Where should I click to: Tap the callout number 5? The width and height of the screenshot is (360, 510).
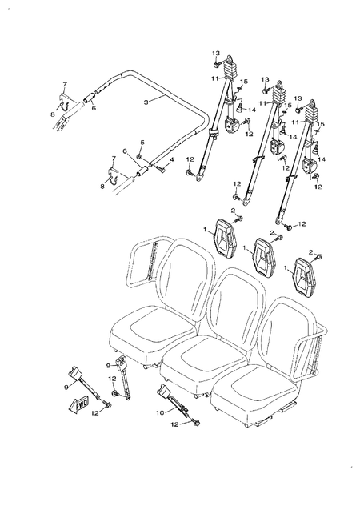pyautogui.click(x=142, y=143)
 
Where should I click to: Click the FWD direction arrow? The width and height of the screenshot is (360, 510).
pyautogui.click(x=84, y=404)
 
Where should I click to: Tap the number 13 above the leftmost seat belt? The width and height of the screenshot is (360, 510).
pyautogui.click(x=215, y=53)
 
